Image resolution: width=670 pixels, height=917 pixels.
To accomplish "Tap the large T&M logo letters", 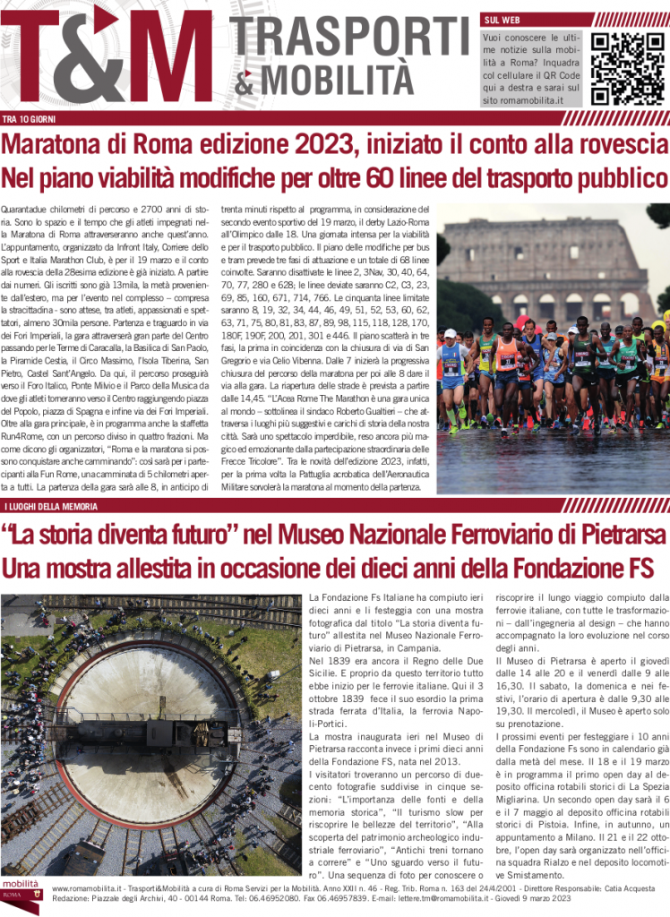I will [x=112, y=58].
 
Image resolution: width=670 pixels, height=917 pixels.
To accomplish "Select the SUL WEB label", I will [x=502, y=19].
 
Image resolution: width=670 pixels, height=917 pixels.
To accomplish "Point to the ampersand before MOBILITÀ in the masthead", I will [x=245, y=85].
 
